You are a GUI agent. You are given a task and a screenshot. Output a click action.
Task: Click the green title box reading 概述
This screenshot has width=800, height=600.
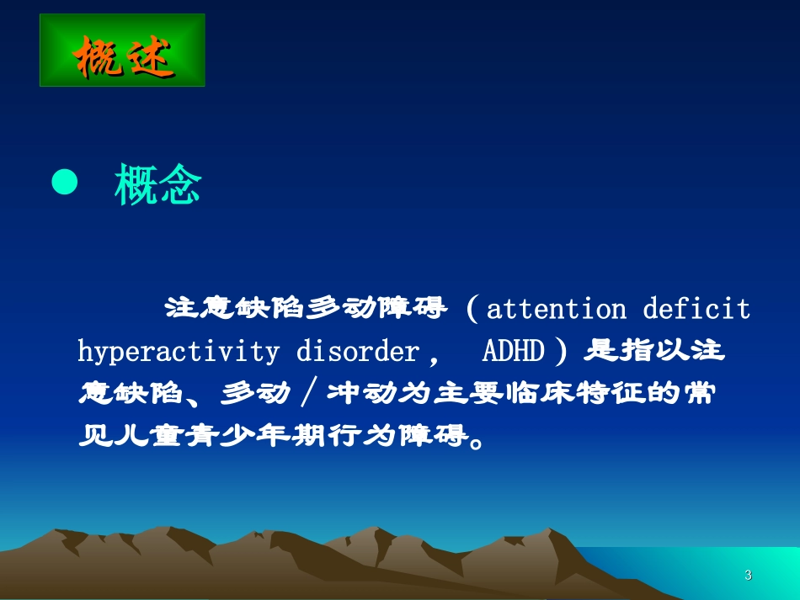pyautogui.click(x=122, y=50)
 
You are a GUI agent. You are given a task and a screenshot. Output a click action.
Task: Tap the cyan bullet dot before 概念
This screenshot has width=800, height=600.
pyautogui.click(x=65, y=183)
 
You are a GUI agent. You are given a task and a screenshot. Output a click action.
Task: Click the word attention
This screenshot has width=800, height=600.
pyautogui.click(x=557, y=310)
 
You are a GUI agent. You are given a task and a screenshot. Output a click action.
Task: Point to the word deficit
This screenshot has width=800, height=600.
pyautogui.click(x=696, y=310)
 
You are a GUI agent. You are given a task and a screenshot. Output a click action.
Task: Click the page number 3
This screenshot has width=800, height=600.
pyautogui.click(x=748, y=576)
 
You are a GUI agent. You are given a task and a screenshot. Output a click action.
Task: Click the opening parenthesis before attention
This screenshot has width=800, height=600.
pyautogui.click(x=472, y=310)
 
